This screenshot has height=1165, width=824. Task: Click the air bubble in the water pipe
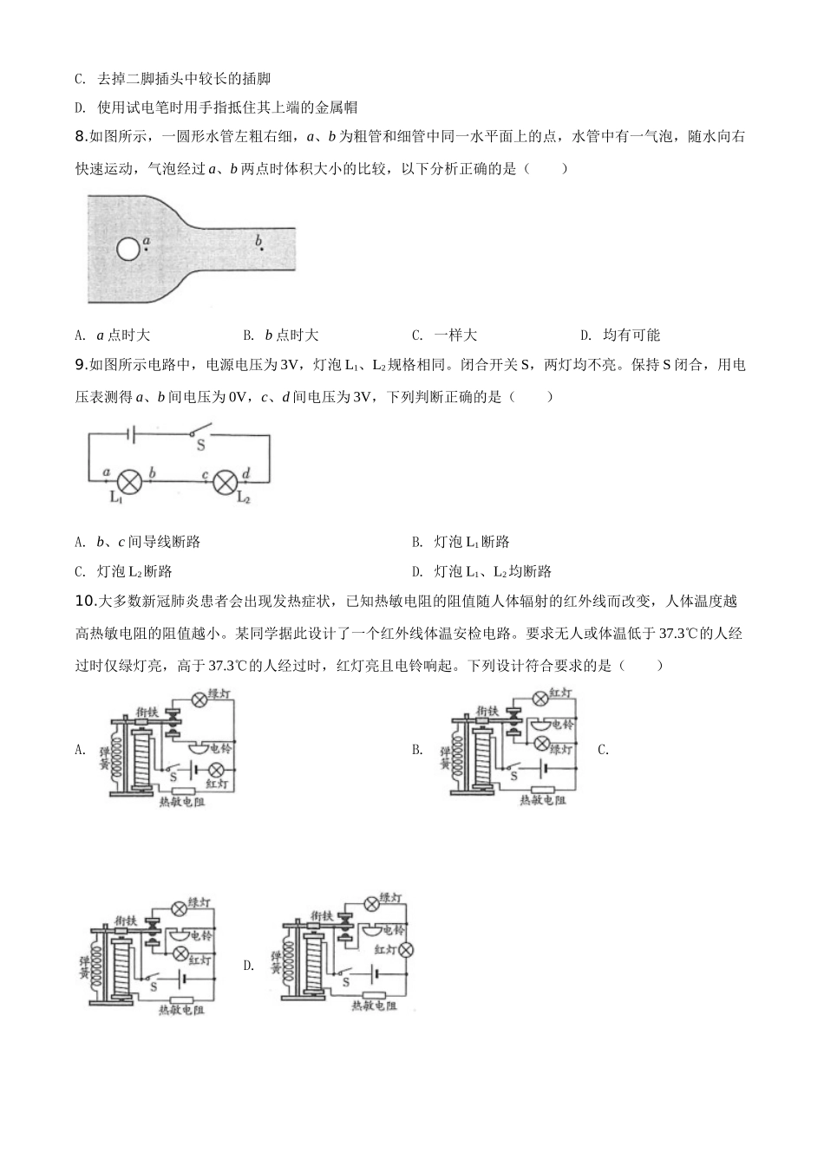128,250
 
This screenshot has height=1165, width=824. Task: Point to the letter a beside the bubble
147,241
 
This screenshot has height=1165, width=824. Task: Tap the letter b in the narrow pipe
258,240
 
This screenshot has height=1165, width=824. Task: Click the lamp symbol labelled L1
129,482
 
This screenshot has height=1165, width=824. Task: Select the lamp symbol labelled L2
226,482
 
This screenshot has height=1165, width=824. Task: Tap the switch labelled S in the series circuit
201,431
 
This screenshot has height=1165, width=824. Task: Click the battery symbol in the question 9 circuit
132,433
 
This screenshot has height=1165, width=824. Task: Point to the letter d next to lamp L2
246,472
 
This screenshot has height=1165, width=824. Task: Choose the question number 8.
82,137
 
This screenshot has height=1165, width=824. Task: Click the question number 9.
82,365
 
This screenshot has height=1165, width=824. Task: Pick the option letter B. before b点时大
248,335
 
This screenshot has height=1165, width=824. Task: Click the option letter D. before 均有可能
586,335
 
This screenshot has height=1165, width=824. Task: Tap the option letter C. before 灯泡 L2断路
80,572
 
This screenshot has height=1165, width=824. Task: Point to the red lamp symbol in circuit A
216,770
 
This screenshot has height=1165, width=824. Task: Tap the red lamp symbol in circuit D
405,950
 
